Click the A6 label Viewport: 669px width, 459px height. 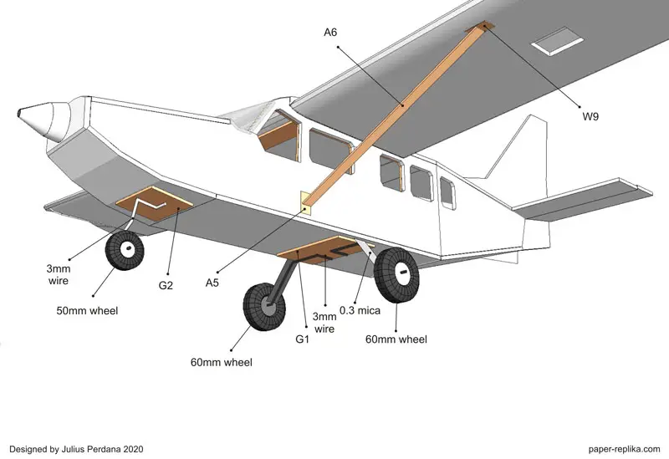tap(330, 33)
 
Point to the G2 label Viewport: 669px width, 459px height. tap(166, 286)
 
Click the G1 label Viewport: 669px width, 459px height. tap(302, 341)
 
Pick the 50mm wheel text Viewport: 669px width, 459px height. tap(87, 311)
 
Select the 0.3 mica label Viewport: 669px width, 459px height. tap(360, 311)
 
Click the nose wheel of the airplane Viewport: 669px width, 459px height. tap(125, 248)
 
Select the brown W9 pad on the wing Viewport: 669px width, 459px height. tap(483, 28)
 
